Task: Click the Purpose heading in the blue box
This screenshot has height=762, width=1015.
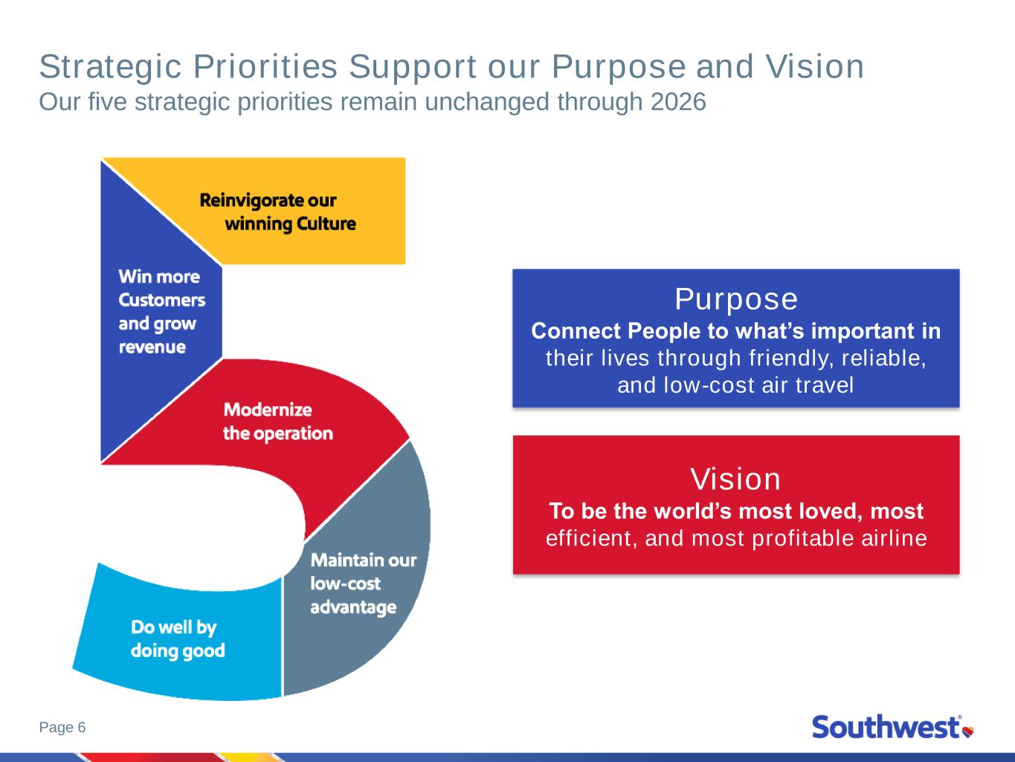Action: pyautogui.click(x=736, y=299)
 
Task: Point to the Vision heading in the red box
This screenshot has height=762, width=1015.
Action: pyautogui.click(x=735, y=478)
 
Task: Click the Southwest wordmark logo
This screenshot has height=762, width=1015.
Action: pyautogui.click(x=886, y=727)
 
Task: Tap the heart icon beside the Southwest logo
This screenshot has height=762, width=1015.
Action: pyautogui.click(x=968, y=731)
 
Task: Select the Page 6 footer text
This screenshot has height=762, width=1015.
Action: pyautogui.click(x=62, y=727)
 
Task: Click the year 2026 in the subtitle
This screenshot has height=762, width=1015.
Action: pyautogui.click(x=678, y=102)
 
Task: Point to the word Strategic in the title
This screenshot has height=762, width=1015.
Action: pyautogui.click(x=110, y=67)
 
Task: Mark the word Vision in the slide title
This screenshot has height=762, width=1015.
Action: pyautogui.click(x=814, y=67)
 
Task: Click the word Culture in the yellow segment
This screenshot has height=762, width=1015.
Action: pyautogui.click(x=326, y=224)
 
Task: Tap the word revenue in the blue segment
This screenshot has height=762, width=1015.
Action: pyautogui.click(x=152, y=347)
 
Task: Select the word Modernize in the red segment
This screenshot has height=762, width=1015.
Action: pyautogui.click(x=268, y=410)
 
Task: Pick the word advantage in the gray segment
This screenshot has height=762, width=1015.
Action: pyautogui.click(x=353, y=607)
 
